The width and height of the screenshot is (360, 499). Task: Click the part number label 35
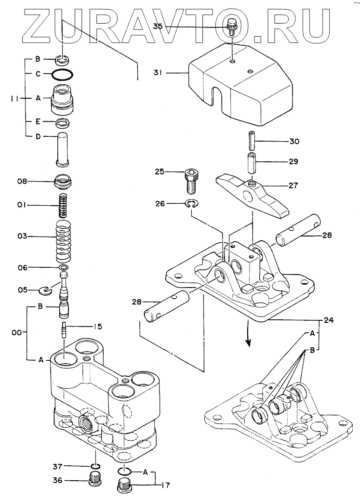click(158, 26)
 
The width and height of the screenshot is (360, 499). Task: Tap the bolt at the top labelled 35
click(232, 26)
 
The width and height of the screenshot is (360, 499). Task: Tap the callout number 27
click(293, 185)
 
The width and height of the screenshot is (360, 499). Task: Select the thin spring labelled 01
click(65, 205)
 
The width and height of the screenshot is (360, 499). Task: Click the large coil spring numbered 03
click(64, 240)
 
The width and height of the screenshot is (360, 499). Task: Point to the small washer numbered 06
click(64, 267)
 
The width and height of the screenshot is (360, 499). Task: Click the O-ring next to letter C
click(62, 74)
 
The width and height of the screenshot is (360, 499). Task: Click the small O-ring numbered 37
click(94, 466)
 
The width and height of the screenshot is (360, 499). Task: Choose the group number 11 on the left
click(14, 99)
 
